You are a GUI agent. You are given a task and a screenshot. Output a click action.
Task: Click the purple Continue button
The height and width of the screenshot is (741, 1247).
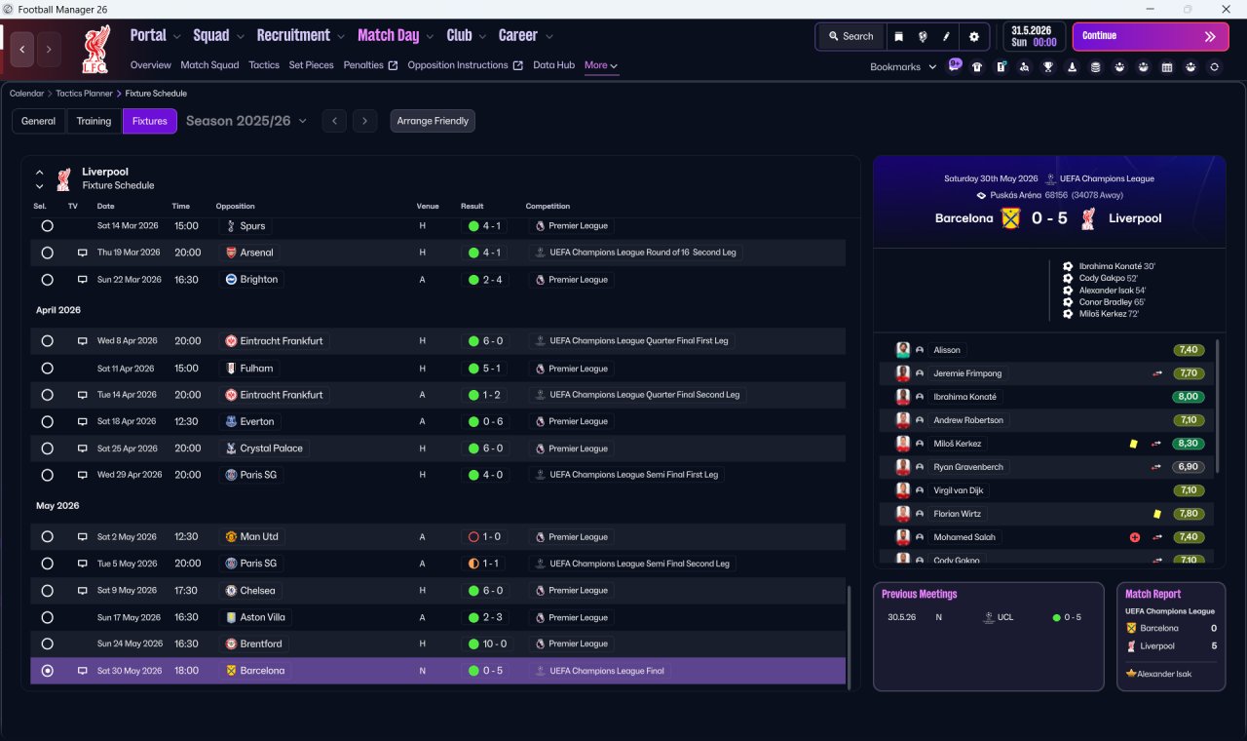[x=1151, y=36]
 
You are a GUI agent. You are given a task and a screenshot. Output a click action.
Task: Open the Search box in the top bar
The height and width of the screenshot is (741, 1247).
[x=850, y=36]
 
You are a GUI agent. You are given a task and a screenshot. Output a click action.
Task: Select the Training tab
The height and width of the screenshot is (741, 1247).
[x=94, y=121]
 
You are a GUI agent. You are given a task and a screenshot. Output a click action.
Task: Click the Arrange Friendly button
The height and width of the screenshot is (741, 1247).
[x=433, y=121]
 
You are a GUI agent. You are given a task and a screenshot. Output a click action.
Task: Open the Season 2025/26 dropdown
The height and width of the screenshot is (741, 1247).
[x=246, y=121]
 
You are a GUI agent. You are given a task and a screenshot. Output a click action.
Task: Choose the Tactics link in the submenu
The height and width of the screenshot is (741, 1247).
[x=264, y=65]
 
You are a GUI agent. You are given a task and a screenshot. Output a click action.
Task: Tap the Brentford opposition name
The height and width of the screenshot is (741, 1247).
[x=260, y=643]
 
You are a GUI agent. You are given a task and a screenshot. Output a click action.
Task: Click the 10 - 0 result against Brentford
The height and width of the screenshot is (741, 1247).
[x=494, y=643]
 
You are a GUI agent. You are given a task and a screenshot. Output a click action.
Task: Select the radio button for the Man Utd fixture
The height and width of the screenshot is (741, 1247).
[x=48, y=536]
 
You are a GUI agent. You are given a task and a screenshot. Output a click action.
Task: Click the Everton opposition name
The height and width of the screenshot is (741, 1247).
[x=256, y=421]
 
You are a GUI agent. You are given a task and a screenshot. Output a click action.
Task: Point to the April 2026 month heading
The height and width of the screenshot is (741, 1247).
[x=58, y=310]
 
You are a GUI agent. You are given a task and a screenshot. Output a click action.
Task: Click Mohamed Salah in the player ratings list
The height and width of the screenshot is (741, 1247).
[x=964, y=537]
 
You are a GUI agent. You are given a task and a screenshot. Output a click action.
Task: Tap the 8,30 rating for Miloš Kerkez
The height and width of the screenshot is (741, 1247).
[x=1188, y=444]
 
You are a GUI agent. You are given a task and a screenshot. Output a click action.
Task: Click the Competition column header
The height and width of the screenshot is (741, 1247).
[x=548, y=206]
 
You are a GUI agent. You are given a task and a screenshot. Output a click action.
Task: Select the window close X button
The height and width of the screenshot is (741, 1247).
[x=1226, y=9]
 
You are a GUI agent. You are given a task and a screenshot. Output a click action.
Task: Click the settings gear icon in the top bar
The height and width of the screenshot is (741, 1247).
[x=973, y=37]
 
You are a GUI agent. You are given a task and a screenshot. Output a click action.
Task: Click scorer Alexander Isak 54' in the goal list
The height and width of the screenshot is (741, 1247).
[x=1112, y=291]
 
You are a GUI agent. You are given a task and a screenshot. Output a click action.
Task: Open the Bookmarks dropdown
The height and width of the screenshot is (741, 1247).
[x=902, y=67]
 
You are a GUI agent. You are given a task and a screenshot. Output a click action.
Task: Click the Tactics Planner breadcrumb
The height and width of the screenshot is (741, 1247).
[x=84, y=93]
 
